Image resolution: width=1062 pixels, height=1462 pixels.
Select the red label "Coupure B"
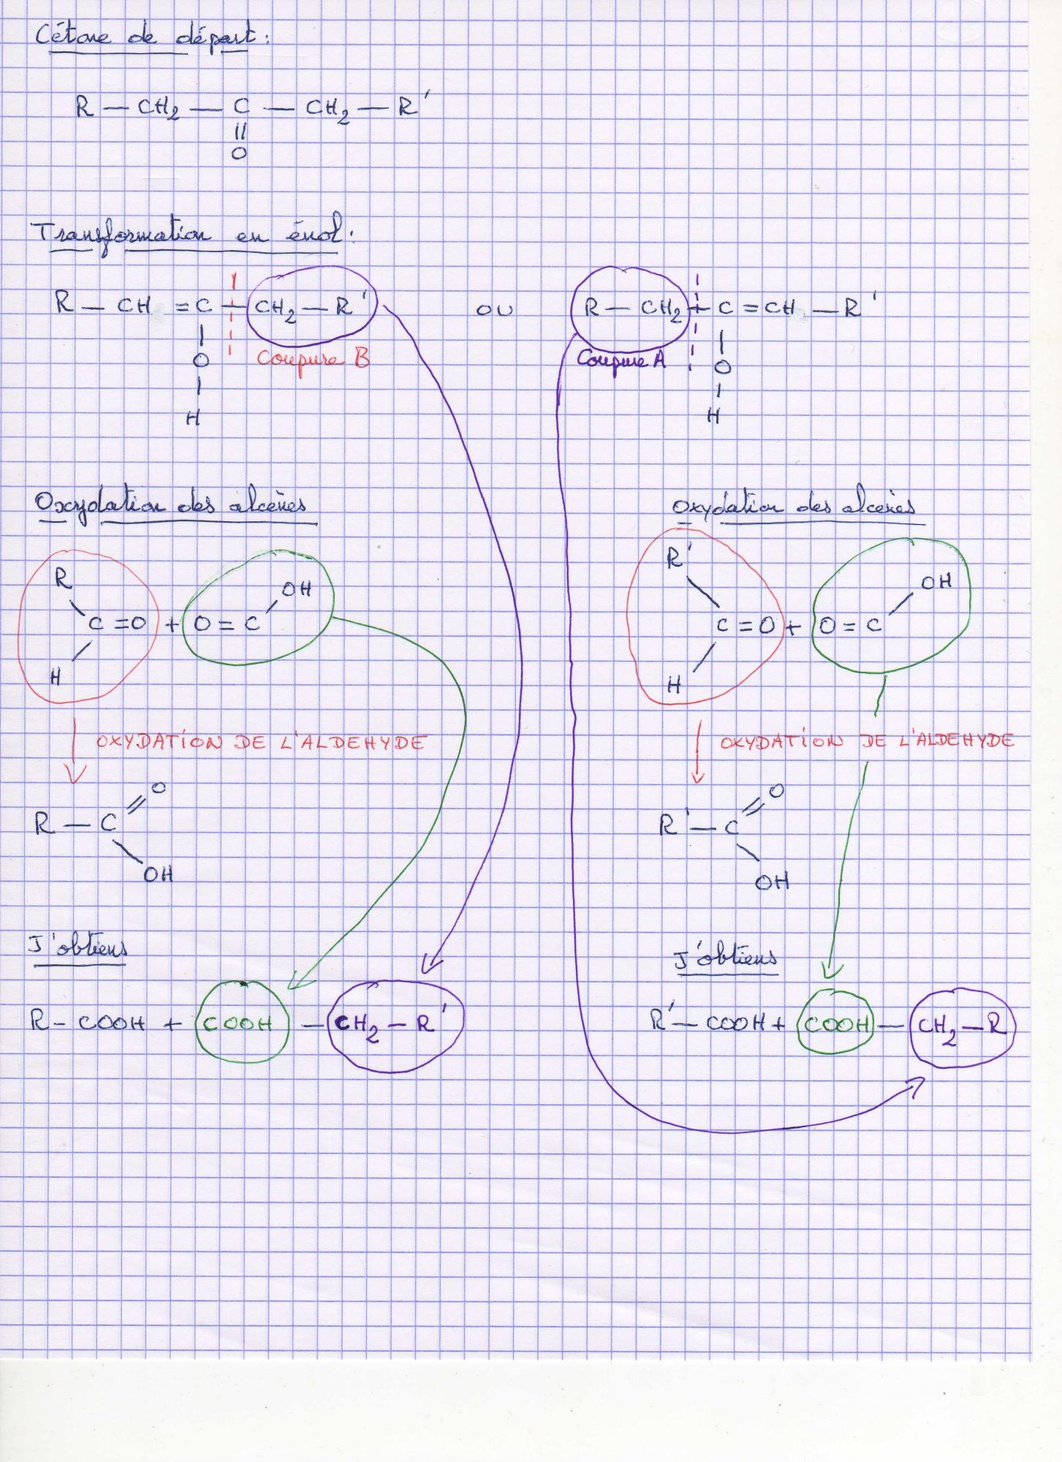click(x=314, y=359)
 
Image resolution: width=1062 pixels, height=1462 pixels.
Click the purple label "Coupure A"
click(x=622, y=359)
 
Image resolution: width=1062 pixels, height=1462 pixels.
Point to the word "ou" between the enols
click(x=495, y=310)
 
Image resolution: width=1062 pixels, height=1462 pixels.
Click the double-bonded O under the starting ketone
click(x=239, y=154)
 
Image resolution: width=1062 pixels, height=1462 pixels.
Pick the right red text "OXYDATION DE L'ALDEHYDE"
click(x=867, y=741)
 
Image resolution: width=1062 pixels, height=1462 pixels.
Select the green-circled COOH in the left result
click(x=238, y=1024)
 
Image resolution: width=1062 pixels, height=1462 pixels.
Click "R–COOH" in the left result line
click(x=88, y=1023)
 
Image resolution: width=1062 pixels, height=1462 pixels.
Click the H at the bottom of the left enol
click(x=193, y=419)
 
